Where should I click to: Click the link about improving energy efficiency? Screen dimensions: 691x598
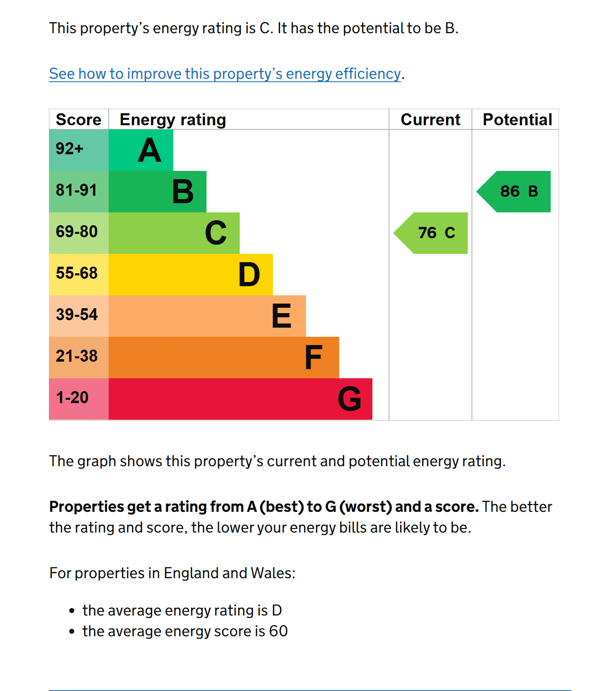225,74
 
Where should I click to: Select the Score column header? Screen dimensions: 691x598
78,119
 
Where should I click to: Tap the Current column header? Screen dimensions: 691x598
430,119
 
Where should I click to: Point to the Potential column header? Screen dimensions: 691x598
517,119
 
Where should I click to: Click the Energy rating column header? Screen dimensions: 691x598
173,119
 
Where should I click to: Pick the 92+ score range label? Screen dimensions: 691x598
69,148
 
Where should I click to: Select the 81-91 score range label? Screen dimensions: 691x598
76,190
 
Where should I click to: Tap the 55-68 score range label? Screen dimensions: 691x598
77,273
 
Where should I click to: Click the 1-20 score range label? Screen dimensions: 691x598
72,397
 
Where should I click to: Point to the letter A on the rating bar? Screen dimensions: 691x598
149,150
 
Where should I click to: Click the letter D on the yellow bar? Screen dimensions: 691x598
249,275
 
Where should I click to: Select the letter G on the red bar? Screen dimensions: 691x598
349,399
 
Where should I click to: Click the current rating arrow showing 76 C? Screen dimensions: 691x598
433,233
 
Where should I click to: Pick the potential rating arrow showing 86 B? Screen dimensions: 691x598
516,192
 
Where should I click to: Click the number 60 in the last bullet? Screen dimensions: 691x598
278,631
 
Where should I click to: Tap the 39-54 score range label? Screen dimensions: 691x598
77,314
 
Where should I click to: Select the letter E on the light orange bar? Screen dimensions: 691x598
281,316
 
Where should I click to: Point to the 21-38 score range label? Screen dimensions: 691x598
77,356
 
